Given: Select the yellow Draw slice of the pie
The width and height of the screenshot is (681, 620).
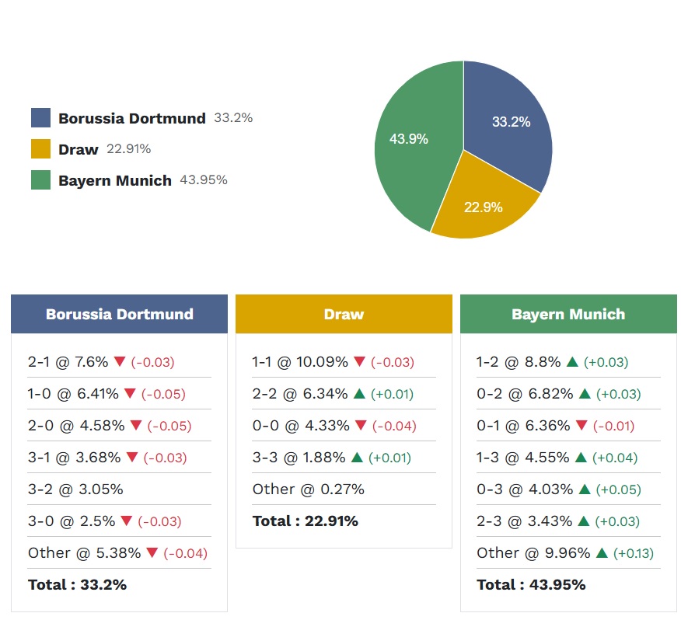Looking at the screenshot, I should coord(482,202).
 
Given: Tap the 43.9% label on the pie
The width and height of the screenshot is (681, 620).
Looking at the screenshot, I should coord(409,139).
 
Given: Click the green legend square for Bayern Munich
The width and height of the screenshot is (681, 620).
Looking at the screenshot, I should coord(40,180).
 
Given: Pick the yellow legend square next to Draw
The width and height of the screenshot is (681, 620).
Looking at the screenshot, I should coord(40,149).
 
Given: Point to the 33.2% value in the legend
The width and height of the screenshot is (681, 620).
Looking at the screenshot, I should coord(233,118).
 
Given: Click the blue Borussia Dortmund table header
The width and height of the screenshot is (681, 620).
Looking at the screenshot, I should coord(119,314).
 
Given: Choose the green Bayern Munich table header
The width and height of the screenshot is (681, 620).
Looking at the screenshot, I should coord(568,314).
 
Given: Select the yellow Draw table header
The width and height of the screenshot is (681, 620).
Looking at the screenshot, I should coord(344,314).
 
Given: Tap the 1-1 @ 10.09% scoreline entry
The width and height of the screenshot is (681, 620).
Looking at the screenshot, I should coord(300,362).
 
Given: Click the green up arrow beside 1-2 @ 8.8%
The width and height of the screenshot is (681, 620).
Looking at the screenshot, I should coord(572,362).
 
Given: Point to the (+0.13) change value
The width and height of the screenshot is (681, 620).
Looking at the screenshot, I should coord(634,553).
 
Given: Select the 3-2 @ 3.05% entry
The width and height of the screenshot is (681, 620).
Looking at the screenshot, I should coord(75,489).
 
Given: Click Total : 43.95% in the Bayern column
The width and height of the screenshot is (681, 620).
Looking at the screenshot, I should coord(531,585).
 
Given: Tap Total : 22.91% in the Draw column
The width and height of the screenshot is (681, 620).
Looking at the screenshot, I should coord(306,521).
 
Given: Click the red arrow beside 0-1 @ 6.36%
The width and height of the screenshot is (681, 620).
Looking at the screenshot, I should coord(581,426).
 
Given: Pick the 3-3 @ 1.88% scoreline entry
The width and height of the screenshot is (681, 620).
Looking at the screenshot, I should coord(299,458).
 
